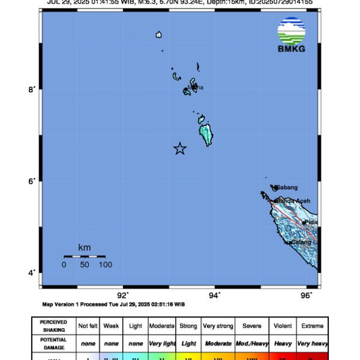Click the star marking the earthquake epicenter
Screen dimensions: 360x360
pos(180,149)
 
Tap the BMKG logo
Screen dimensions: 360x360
pos(292,35)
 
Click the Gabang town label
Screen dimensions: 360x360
pos(286,187)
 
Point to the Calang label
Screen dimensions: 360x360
pos(301,242)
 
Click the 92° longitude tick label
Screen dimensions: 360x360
pos(123,295)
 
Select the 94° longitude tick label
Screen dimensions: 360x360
pos(215,295)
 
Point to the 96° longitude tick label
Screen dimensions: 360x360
pos(307,295)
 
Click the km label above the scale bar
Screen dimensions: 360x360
pos(85,247)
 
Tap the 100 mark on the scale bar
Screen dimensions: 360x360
pos(106,265)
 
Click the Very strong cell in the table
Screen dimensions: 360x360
pos(218,326)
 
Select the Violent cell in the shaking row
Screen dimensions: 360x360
pos(283,326)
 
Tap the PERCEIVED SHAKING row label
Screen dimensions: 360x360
pos(54,326)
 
